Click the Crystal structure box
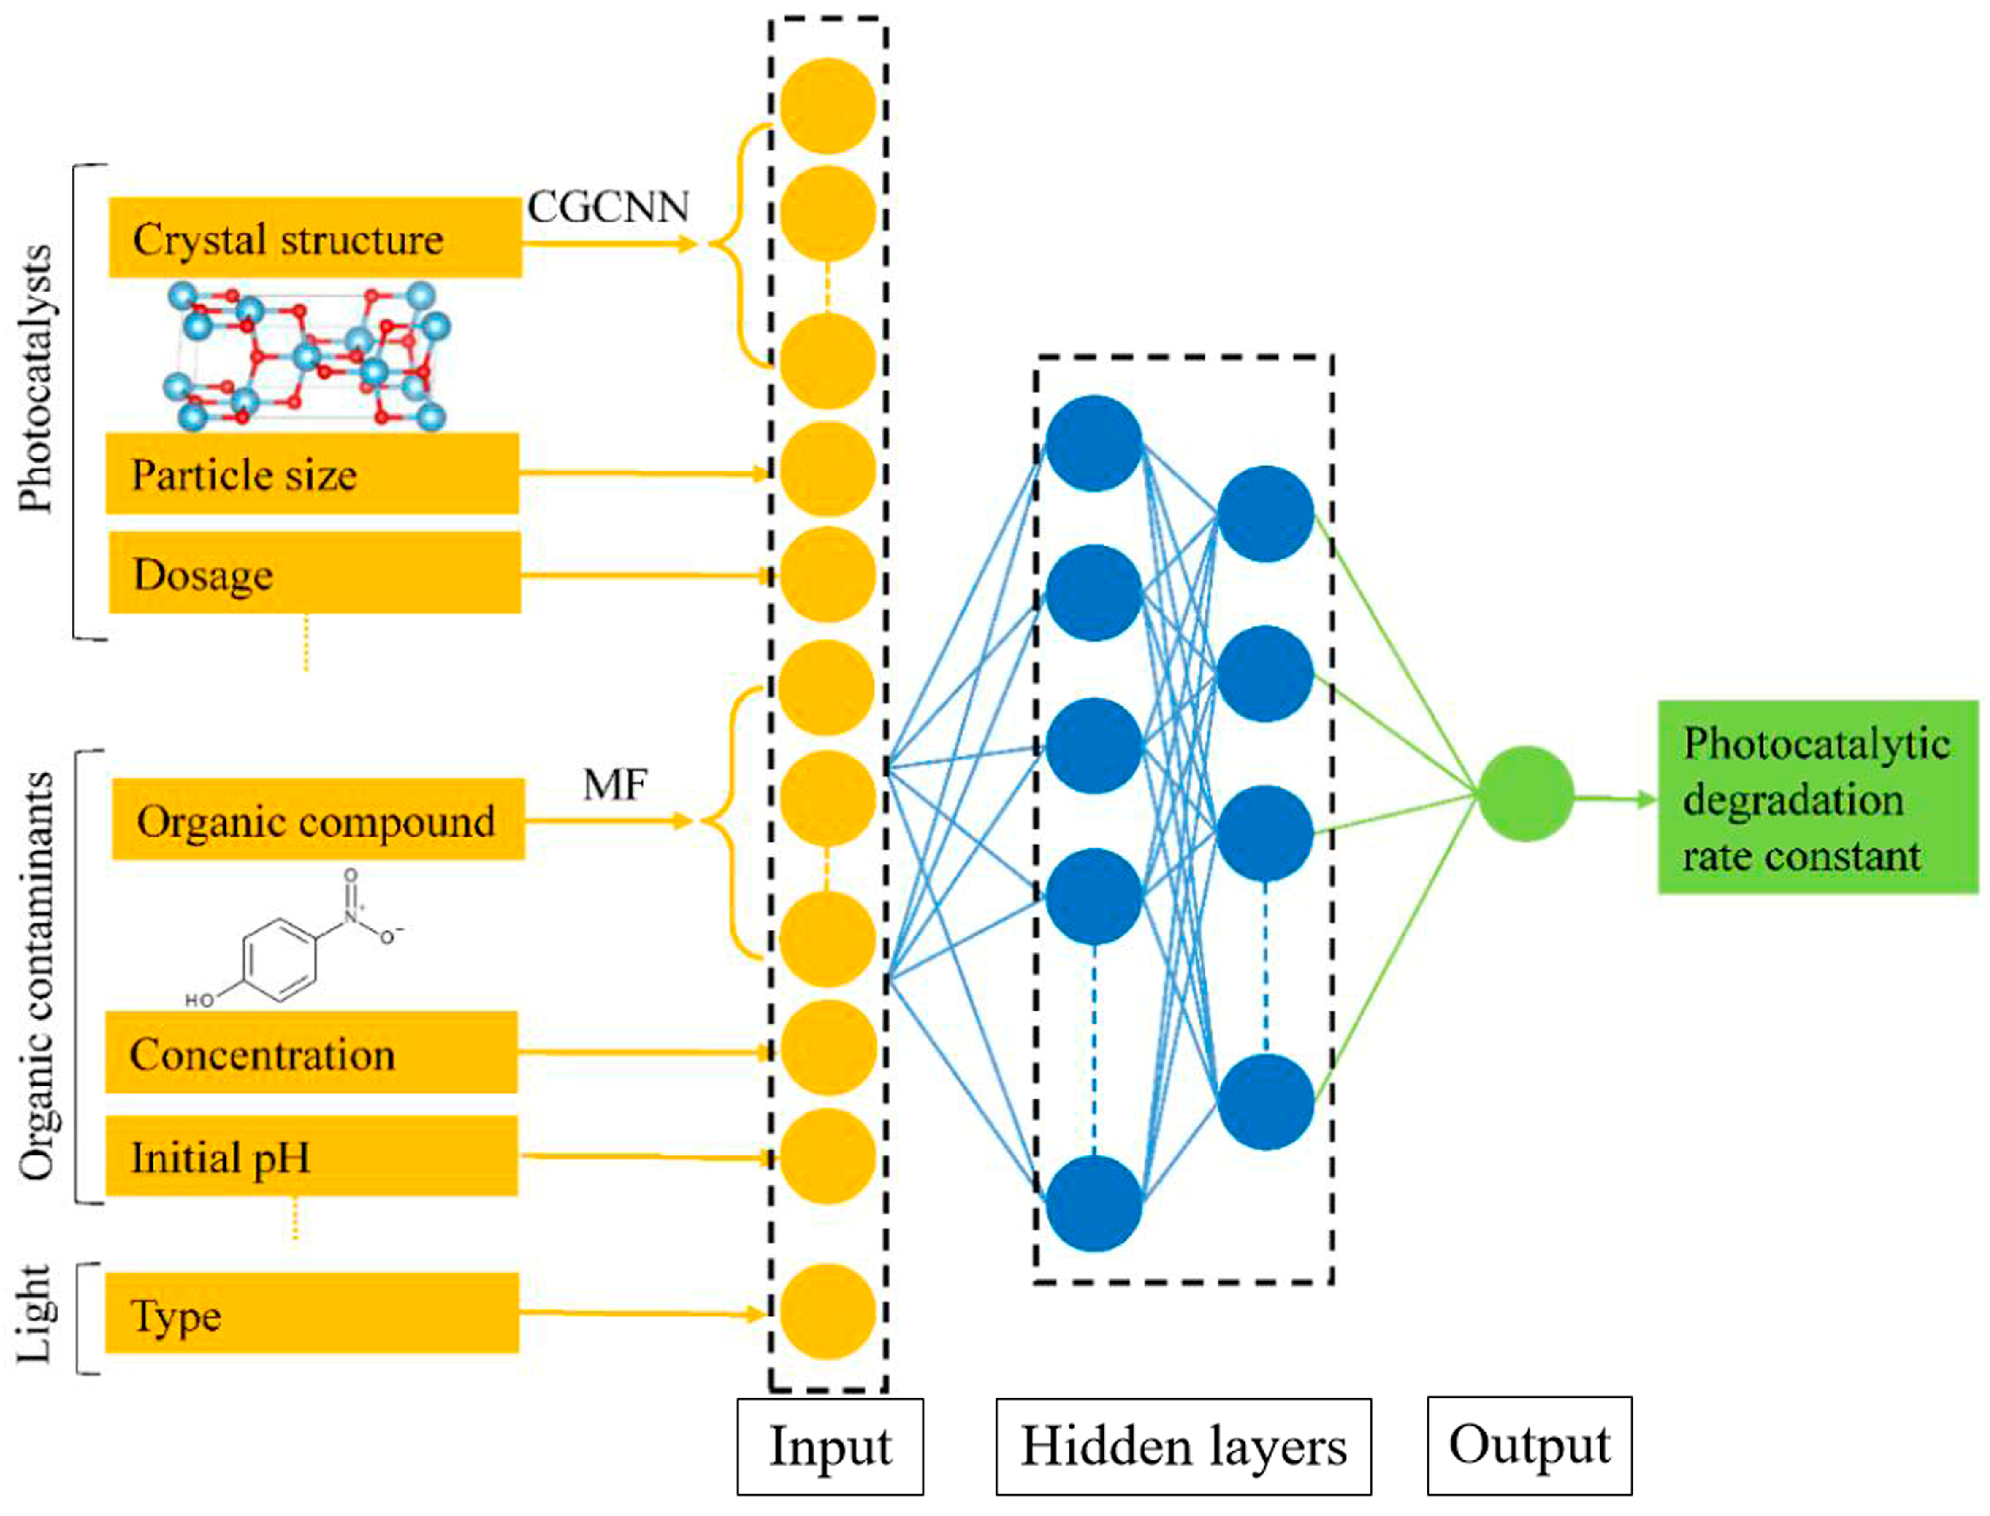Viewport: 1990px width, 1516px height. point(314,237)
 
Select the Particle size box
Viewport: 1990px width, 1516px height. point(312,474)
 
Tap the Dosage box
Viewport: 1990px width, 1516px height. point(314,573)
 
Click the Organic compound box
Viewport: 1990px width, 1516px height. point(318,819)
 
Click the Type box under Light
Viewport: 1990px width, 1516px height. point(312,1313)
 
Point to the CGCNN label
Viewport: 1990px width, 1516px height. point(607,207)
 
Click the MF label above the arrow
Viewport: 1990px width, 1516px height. point(615,784)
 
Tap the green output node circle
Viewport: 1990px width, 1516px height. point(1525,794)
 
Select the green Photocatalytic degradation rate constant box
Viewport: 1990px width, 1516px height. point(1817,798)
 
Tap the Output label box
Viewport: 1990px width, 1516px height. point(1529,1445)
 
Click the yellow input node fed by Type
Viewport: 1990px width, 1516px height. point(827,1311)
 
